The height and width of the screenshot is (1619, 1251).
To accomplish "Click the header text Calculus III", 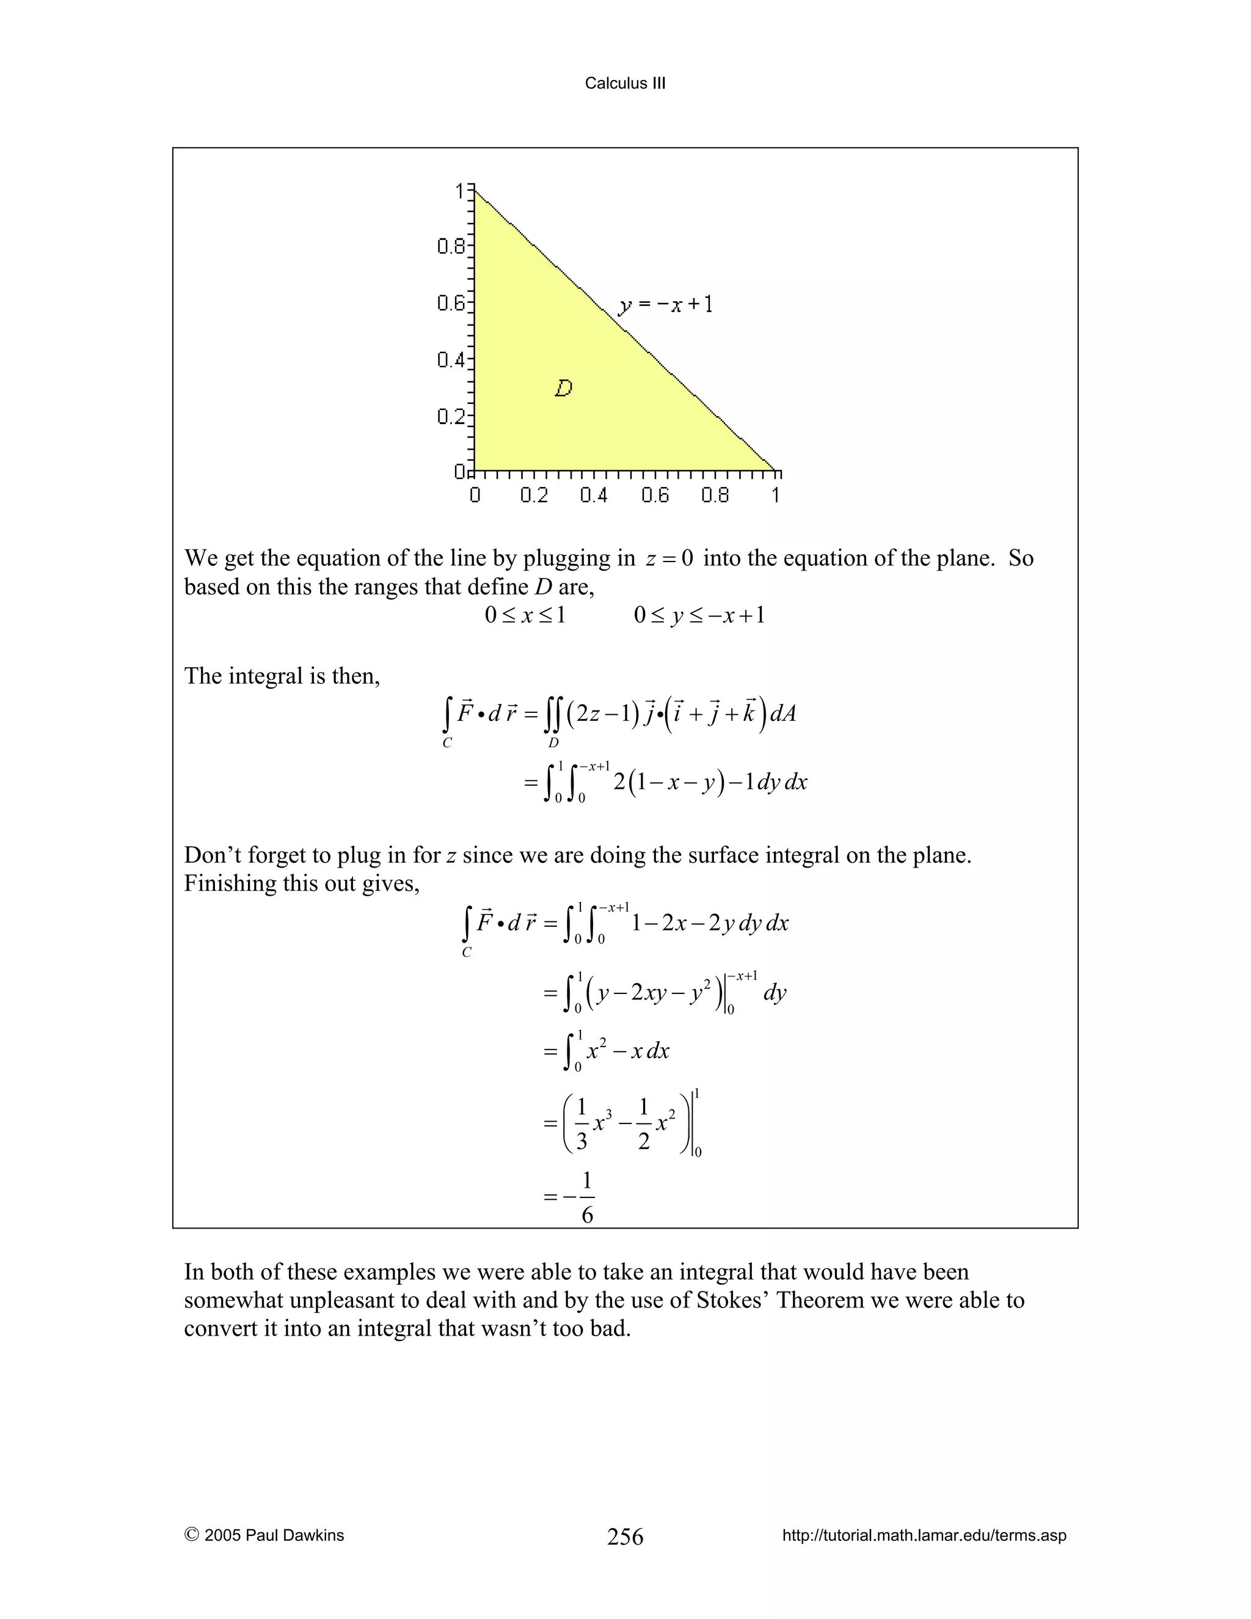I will [625, 83].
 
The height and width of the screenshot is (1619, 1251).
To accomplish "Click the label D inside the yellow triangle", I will [563, 388].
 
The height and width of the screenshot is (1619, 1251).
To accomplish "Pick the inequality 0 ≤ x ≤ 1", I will [525, 615].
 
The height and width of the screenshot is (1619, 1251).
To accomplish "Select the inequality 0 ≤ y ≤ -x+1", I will [699, 615].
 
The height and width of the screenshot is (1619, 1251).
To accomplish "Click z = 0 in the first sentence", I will [668, 558].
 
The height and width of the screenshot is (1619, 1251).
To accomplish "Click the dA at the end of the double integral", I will [782, 713].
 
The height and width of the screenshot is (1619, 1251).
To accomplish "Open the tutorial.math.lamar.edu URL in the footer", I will [924, 1535].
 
